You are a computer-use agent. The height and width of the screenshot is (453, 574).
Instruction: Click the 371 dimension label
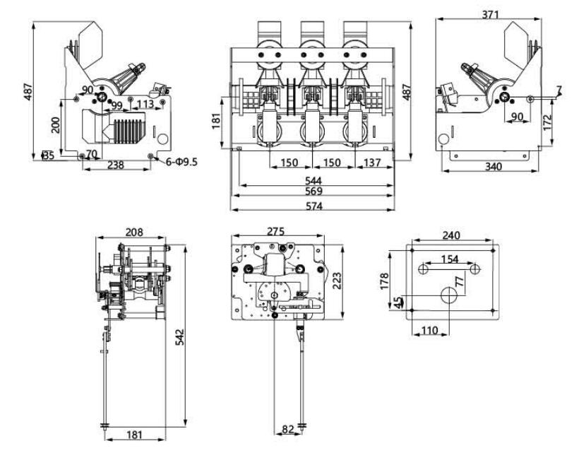[494, 14]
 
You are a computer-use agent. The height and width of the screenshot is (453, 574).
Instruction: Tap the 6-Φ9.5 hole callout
[182, 163]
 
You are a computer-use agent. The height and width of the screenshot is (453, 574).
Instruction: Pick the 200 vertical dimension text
[55, 125]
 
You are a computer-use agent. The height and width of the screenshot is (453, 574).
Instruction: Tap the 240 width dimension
[453, 236]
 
